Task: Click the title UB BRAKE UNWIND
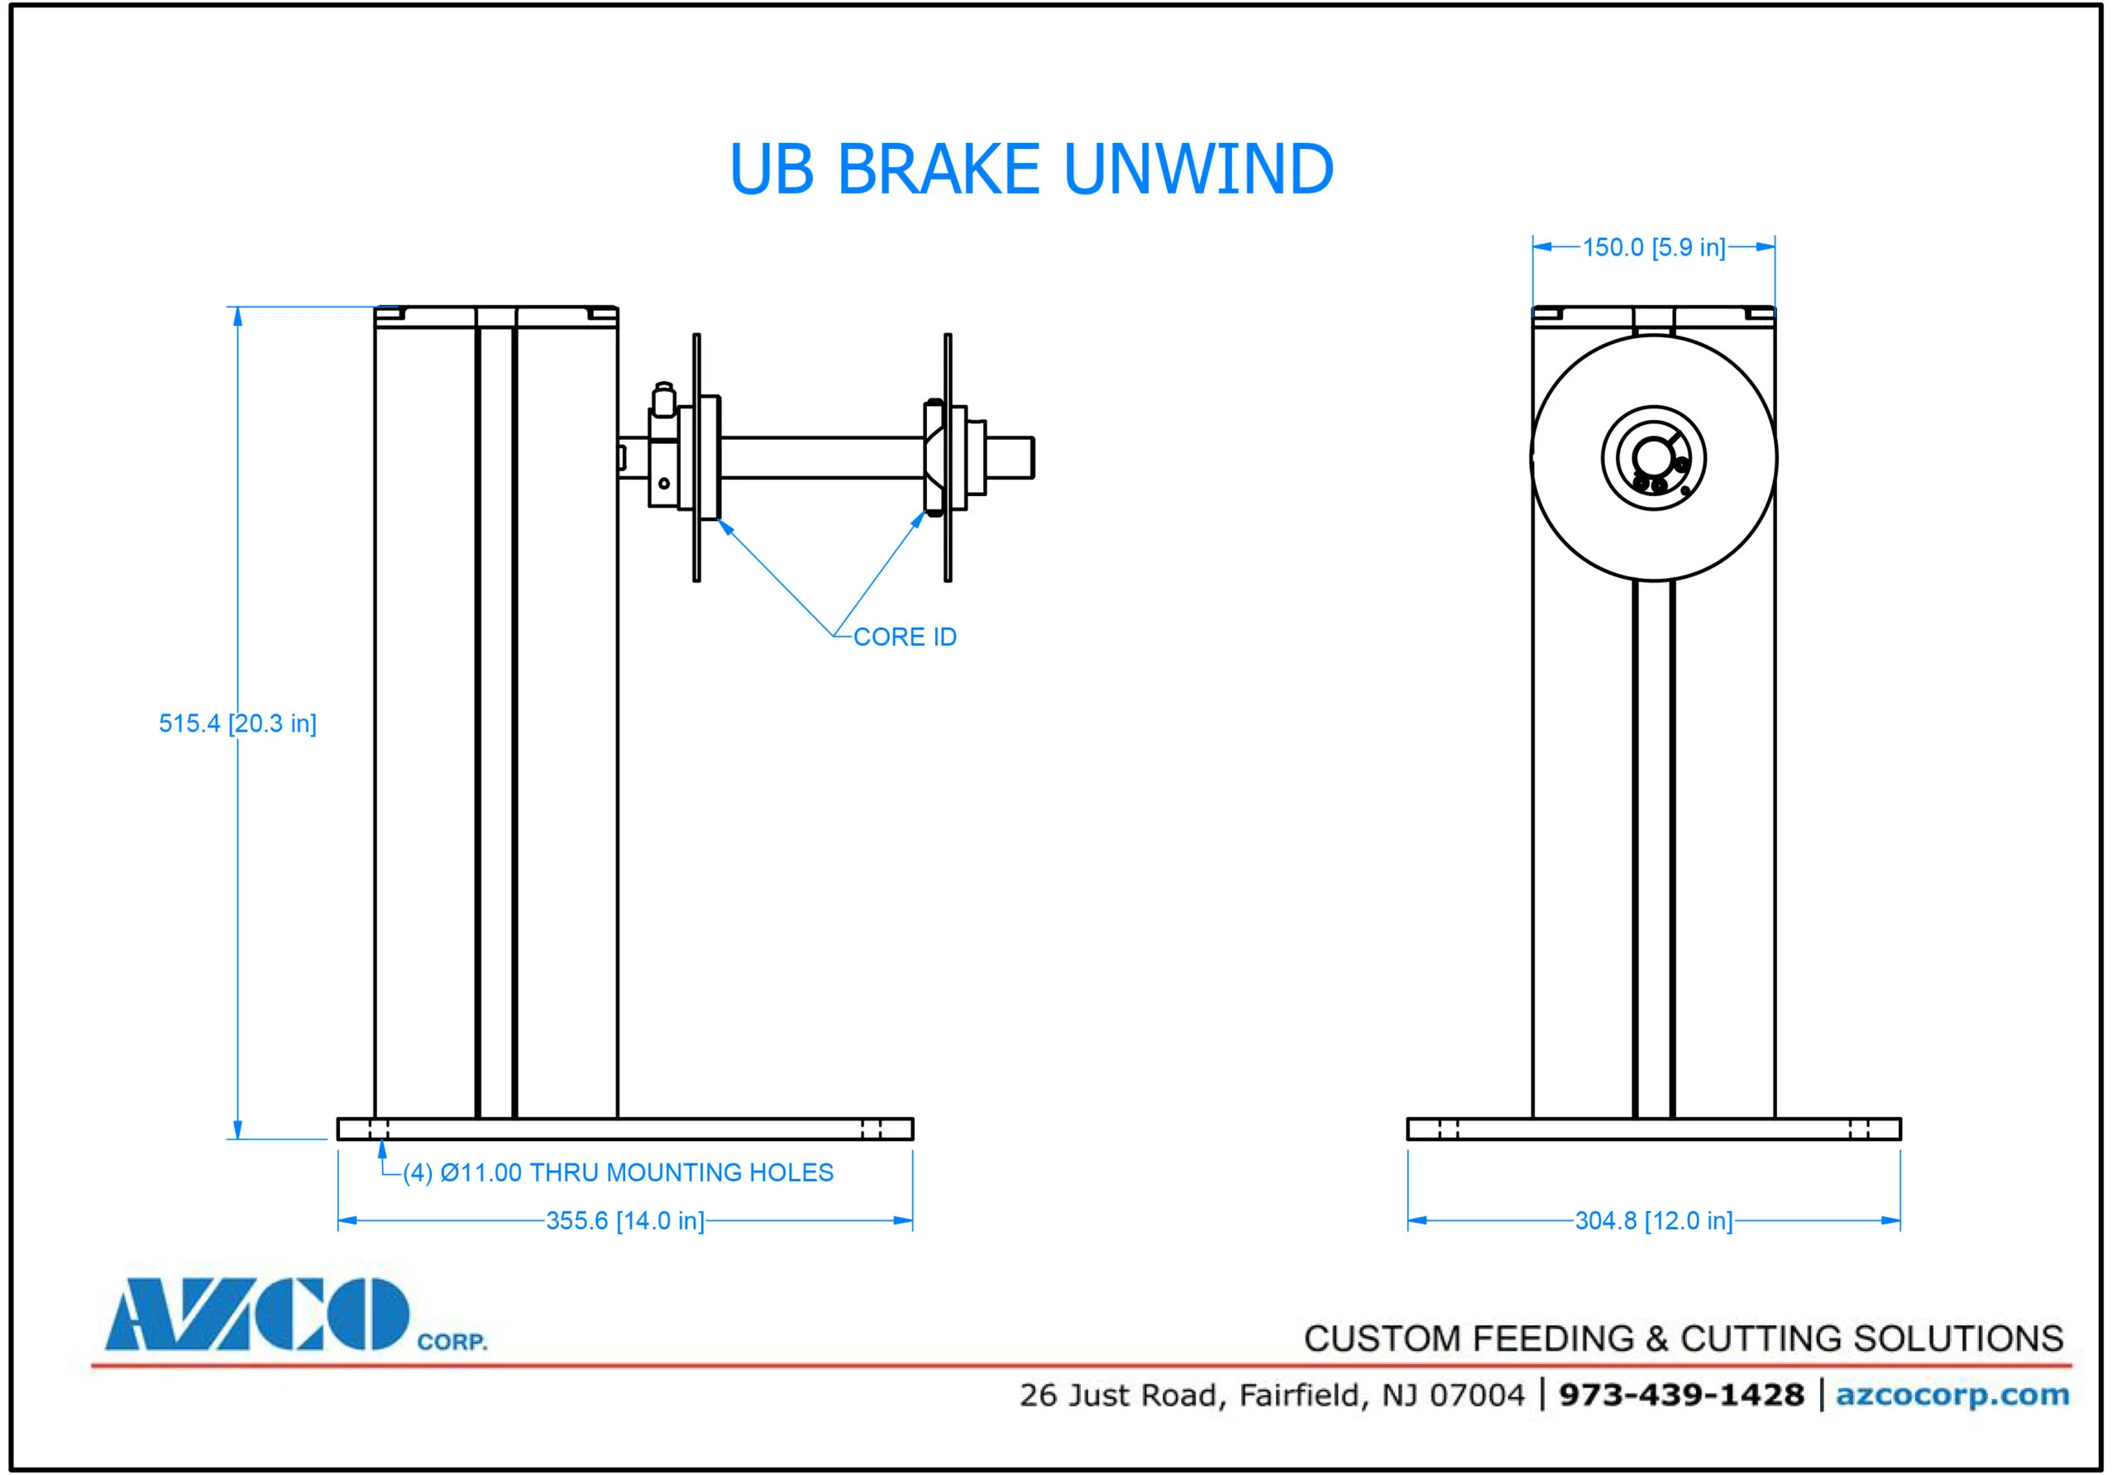(1031, 169)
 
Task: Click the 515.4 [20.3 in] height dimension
(237, 723)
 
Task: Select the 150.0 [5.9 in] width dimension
(1653, 247)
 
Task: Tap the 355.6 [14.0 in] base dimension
(624, 1220)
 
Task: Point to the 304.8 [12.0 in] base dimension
(1653, 1220)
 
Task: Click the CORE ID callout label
(905, 637)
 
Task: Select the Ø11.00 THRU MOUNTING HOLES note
(618, 1172)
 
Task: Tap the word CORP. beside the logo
(452, 1341)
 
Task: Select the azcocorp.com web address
(1952, 1395)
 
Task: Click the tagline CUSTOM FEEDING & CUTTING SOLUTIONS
(1683, 1339)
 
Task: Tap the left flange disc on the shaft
(697, 457)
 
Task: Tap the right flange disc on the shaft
(948, 457)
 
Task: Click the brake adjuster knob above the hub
(663, 399)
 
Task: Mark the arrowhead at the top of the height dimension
(237, 317)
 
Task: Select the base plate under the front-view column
(1653, 1129)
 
